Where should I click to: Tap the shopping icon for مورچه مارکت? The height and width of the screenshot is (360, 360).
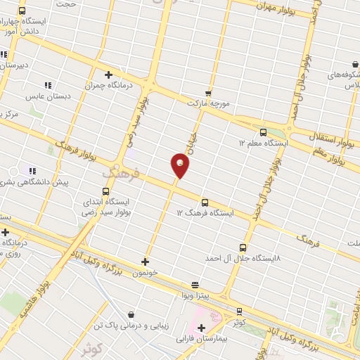(x=207, y=92)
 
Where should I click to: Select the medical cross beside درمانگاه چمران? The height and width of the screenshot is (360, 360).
(x=108, y=75)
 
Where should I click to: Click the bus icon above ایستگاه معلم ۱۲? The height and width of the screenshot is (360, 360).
(x=264, y=131)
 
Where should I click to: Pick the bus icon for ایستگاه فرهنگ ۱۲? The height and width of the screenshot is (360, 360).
(x=205, y=202)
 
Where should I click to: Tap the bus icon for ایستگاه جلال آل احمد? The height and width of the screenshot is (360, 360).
(x=243, y=247)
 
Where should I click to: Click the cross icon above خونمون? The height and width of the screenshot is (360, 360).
(x=145, y=262)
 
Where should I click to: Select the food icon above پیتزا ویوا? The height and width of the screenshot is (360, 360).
(x=195, y=285)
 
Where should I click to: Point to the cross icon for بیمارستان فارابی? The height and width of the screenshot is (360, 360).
(x=202, y=327)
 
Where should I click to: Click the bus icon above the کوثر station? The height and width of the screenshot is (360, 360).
(x=239, y=311)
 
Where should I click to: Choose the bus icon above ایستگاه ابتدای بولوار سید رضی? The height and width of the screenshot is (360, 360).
(x=106, y=191)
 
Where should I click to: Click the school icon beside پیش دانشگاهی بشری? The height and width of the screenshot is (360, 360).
(x=32, y=170)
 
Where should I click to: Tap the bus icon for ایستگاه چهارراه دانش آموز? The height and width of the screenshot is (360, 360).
(x=22, y=11)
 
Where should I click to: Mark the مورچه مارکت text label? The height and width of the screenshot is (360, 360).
(x=209, y=103)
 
